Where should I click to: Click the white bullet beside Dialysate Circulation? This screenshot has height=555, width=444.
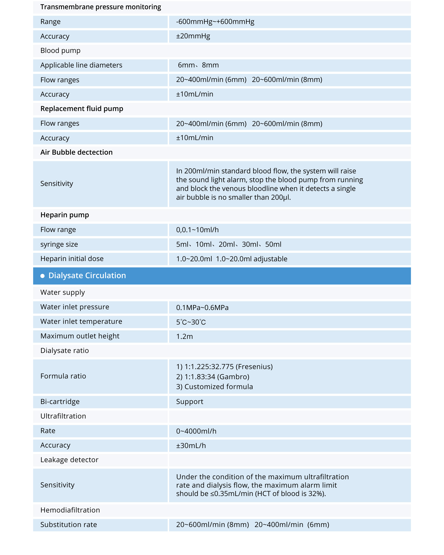(43, 276)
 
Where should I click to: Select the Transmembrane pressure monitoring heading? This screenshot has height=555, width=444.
(101, 7)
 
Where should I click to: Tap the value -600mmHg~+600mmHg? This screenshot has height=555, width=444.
(215, 22)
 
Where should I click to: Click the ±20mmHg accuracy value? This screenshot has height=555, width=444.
(193, 36)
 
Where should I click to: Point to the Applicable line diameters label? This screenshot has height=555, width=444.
(81, 65)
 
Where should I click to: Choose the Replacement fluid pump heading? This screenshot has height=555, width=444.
(82, 109)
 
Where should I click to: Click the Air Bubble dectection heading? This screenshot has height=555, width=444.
(76, 152)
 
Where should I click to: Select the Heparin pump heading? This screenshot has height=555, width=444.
(65, 215)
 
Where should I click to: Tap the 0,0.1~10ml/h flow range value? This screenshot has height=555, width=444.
(197, 230)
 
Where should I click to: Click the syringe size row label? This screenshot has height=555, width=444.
(59, 244)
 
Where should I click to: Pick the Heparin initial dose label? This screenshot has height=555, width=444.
(72, 259)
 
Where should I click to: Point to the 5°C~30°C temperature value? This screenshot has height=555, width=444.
(191, 322)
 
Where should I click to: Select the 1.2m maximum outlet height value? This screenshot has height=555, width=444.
(184, 336)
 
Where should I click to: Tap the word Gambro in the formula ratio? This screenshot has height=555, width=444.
(233, 377)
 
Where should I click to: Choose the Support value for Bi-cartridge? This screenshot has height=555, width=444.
(190, 402)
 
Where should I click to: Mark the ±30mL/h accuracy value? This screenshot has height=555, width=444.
(191, 446)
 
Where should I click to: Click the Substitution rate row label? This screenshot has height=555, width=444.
(68, 525)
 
